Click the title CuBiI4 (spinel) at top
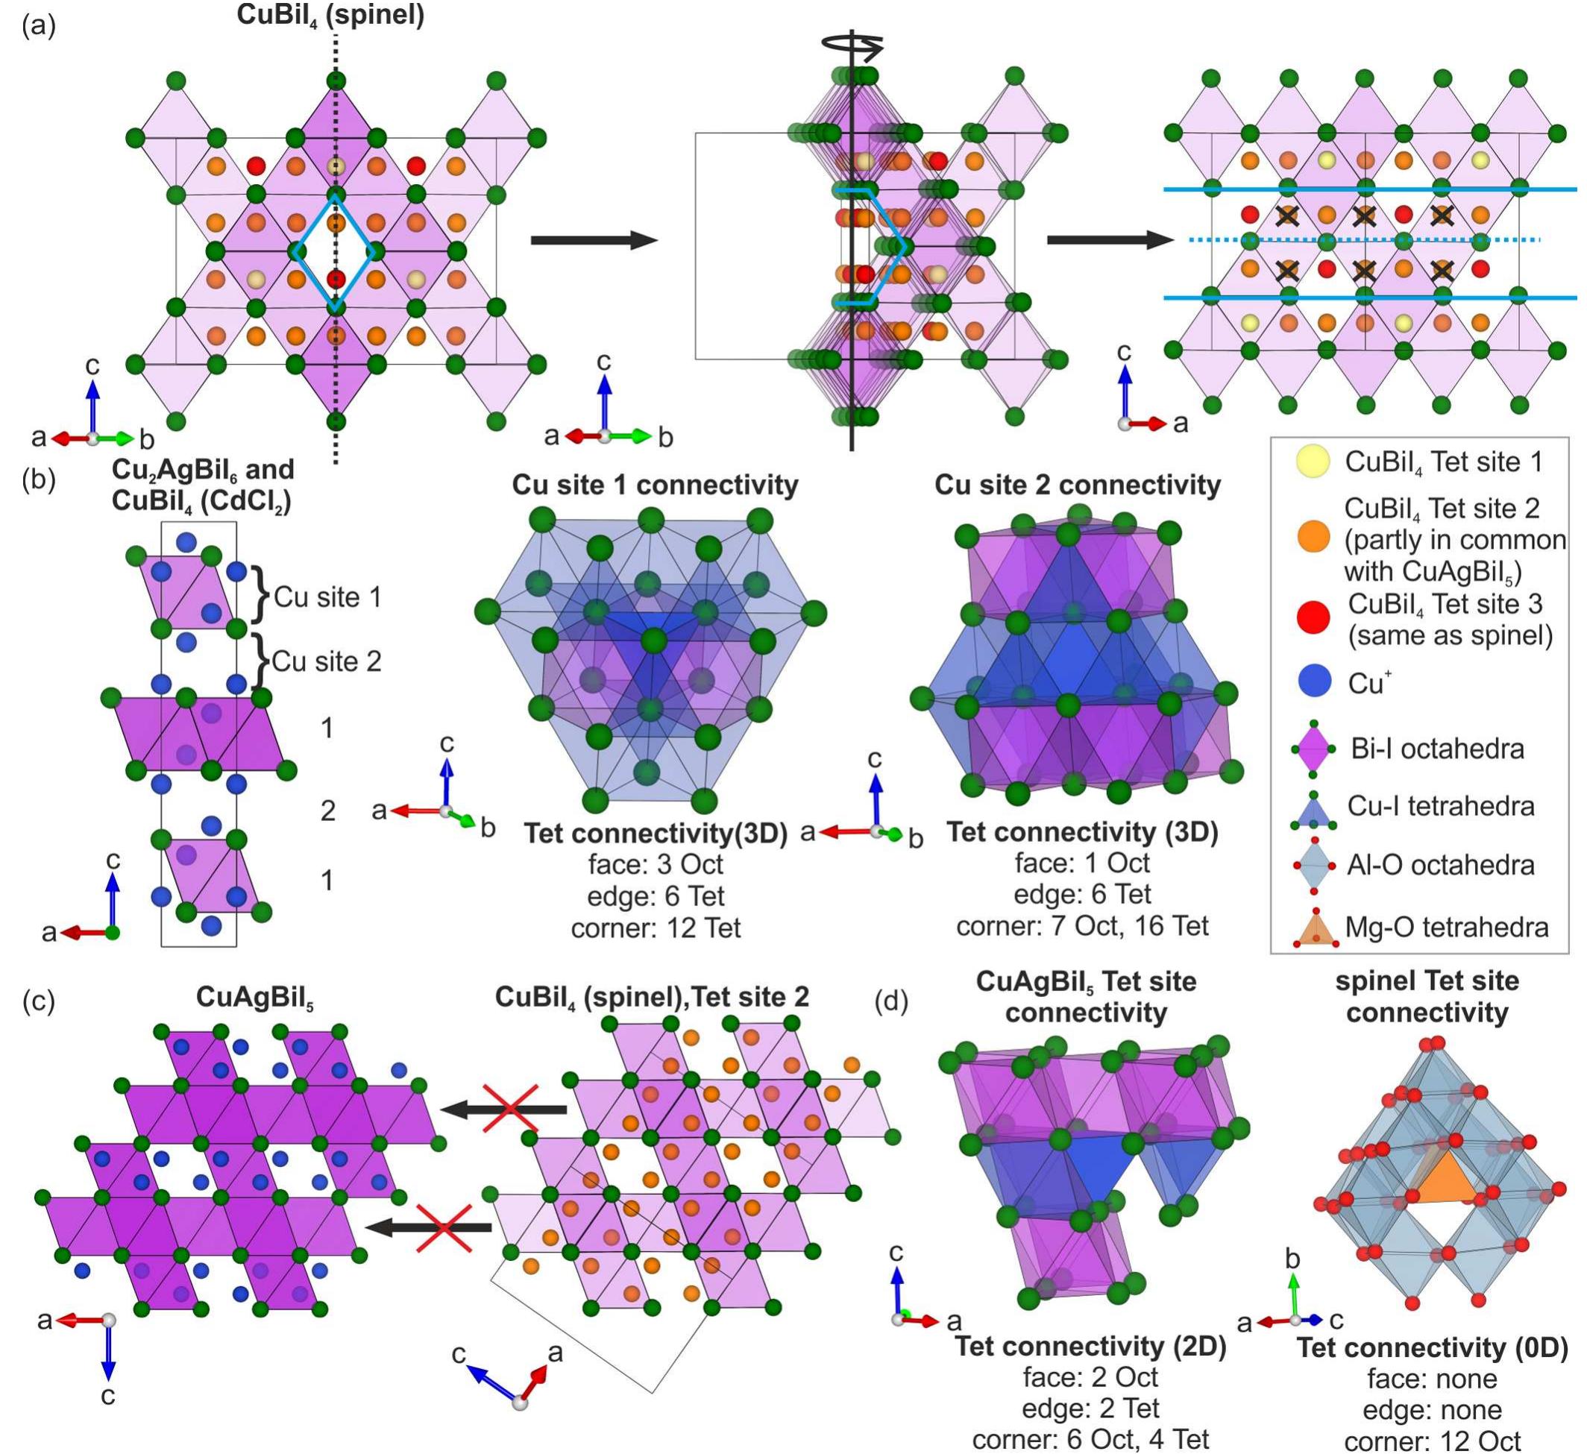click(x=330, y=15)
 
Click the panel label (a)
click(x=39, y=26)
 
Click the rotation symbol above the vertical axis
click(x=852, y=46)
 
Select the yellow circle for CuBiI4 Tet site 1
click(x=1313, y=462)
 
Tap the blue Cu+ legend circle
click(x=1313, y=682)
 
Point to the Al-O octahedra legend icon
click(x=1313, y=866)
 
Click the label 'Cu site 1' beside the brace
click(x=327, y=597)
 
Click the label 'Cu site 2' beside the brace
click(x=327, y=661)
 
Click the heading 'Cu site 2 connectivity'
click(x=1078, y=485)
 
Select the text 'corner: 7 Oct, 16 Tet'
click(x=1082, y=927)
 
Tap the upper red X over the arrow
click(x=511, y=1109)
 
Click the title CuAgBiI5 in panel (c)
click(x=255, y=998)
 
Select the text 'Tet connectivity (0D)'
click(x=1433, y=1347)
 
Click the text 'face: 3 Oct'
click(x=655, y=864)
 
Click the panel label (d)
click(x=892, y=1001)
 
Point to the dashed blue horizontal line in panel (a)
click(x=1362, y=239)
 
